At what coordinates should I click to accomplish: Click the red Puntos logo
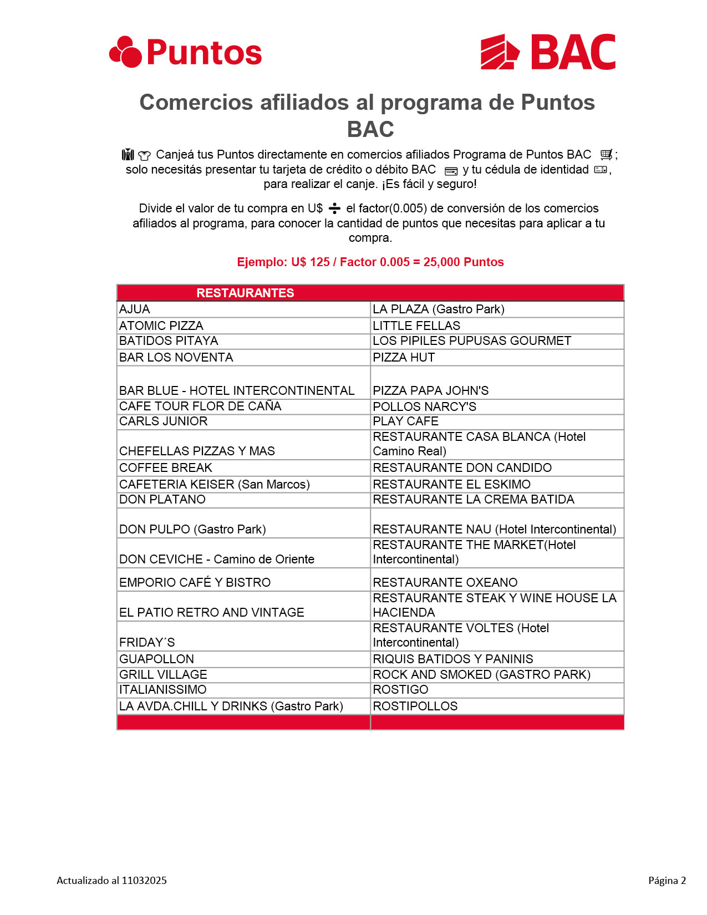pos(185,52)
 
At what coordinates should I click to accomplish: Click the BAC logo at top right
pos(548,52)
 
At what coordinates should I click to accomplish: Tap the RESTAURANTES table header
pos(245,293)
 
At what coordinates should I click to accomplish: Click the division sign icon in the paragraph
pos(334,209)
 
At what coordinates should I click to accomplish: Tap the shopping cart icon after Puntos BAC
pos(606,155)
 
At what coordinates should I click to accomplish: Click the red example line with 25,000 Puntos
pos(370,262)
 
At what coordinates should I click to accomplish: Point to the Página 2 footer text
pos(667,881)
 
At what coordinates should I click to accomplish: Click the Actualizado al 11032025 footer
pos(111,881)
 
